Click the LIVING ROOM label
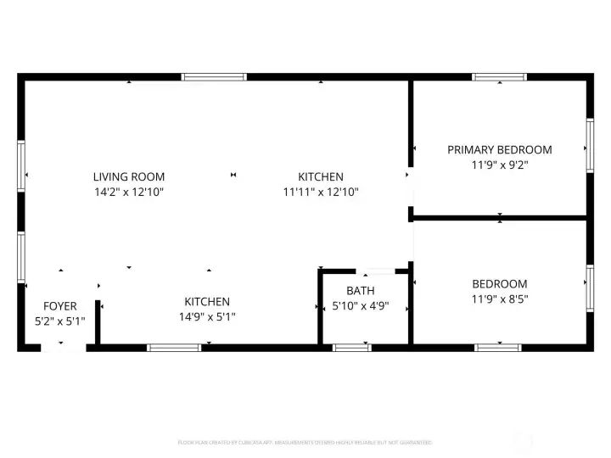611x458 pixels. [x=129, y=176]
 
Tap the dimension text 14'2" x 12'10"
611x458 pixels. [x=129, y=192]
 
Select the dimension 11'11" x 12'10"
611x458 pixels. [x=321, y=192]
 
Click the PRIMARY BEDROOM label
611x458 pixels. [x=499, y=150]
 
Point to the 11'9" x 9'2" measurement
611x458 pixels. [x=499, y=165]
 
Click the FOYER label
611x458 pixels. [x=60, y=306]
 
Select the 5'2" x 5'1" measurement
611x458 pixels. [x=60, y=321]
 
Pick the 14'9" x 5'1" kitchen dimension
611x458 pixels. [x=207, y=316]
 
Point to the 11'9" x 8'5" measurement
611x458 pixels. [x=499, y=299]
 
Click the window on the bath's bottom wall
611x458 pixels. [x=351, y=348]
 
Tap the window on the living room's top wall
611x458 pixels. [x=215, y=77]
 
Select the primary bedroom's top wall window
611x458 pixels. [x=499, y=77]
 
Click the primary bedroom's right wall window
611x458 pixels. [x=589, y=147]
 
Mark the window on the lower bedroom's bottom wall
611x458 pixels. [x=498, y=348]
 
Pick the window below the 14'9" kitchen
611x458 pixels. [x=174, y=348]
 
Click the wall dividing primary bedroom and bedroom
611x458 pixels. [x=499, y=217]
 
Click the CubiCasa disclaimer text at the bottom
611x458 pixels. [x=305, y=442]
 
